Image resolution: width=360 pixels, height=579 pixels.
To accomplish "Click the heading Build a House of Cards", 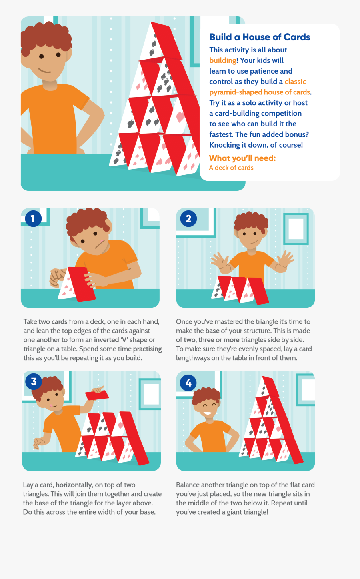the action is point(260,37).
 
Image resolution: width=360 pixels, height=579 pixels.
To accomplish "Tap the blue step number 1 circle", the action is point(33,218).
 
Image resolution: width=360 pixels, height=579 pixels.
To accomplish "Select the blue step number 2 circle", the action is point(188,218).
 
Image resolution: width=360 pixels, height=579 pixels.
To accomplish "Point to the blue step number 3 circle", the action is point(34,381).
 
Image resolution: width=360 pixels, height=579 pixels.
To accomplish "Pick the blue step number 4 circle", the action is point(188,383).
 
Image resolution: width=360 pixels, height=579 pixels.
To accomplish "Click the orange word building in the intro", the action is point(223,60).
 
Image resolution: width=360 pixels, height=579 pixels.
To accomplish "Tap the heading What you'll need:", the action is point(242,158).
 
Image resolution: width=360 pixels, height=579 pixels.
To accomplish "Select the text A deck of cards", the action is point(231,168).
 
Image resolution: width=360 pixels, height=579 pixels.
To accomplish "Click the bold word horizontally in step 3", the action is point(74,485).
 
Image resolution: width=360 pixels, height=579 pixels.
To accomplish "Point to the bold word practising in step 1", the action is point(148,349).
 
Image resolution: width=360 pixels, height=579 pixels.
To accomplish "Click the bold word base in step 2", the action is point(212,331).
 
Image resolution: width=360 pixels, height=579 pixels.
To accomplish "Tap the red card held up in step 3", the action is point(97,395).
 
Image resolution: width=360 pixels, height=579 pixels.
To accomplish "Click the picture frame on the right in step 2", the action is point(296,229).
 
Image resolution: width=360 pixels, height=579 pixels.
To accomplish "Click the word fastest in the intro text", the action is point(221,134).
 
